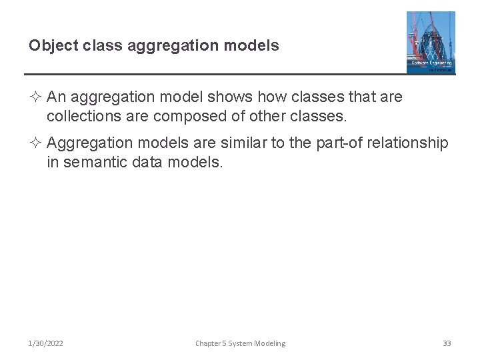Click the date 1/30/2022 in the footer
[46, 343]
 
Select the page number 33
[447, 343]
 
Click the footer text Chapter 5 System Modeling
[240, 343]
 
